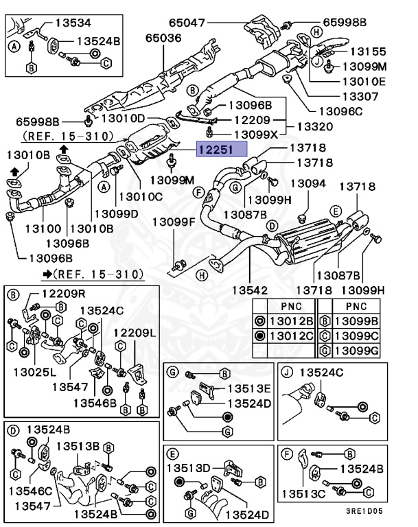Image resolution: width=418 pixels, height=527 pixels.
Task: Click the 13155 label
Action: click(x=368, y=51)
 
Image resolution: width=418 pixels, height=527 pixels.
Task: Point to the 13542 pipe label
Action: click(x=253, y=290)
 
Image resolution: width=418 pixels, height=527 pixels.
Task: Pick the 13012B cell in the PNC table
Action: click(x=292, y=319)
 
